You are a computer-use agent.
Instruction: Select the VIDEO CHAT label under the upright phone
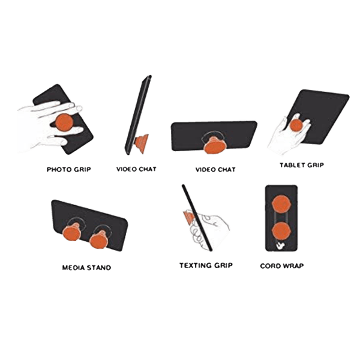136,170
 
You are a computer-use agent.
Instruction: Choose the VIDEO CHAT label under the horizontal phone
215,170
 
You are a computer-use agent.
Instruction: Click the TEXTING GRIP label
206,265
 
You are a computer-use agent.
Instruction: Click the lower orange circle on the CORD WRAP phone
280,231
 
